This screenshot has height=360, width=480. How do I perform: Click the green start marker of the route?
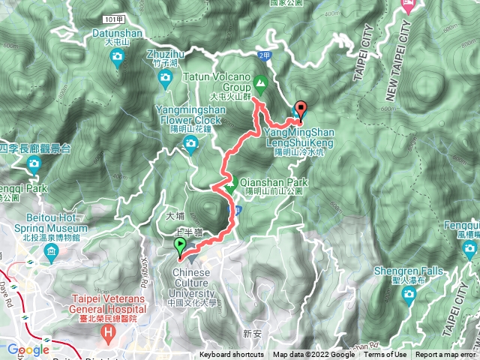(x=180, y=246)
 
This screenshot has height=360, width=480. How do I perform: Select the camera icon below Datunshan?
(x=118, y=63)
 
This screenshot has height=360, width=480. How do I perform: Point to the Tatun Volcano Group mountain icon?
(x=260, y=82)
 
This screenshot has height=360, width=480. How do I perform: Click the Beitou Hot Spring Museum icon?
(x=51, y=254)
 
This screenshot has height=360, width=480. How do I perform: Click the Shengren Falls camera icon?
(x=409, y=293)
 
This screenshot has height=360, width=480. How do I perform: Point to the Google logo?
(x=28, y=349)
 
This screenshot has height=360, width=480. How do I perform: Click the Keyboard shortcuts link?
(x=231, y=355)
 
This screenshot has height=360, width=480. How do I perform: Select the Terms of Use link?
(x=386, y=355)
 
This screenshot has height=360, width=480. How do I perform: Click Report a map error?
(x=445, y=355)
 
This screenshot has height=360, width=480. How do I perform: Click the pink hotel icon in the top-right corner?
(x=408, y=4)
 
